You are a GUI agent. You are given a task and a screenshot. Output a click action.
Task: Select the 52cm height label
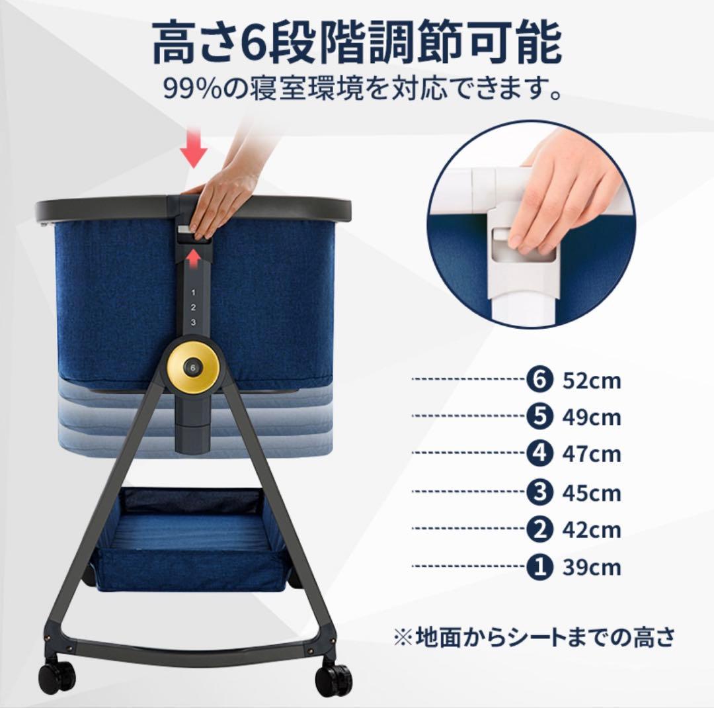coord(592,381)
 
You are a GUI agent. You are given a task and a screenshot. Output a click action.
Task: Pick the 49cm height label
coord(592,418)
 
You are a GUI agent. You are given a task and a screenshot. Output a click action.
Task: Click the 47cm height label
coord(592,455)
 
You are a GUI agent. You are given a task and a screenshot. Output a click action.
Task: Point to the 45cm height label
coord(592,493)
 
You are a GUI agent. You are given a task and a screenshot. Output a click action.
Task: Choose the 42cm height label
coord(592,530)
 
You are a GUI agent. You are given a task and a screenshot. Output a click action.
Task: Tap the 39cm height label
coord(592,568)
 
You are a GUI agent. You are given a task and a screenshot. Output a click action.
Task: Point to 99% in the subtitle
coord(194,88)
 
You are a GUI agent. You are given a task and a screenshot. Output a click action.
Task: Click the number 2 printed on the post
coord(193,308)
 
